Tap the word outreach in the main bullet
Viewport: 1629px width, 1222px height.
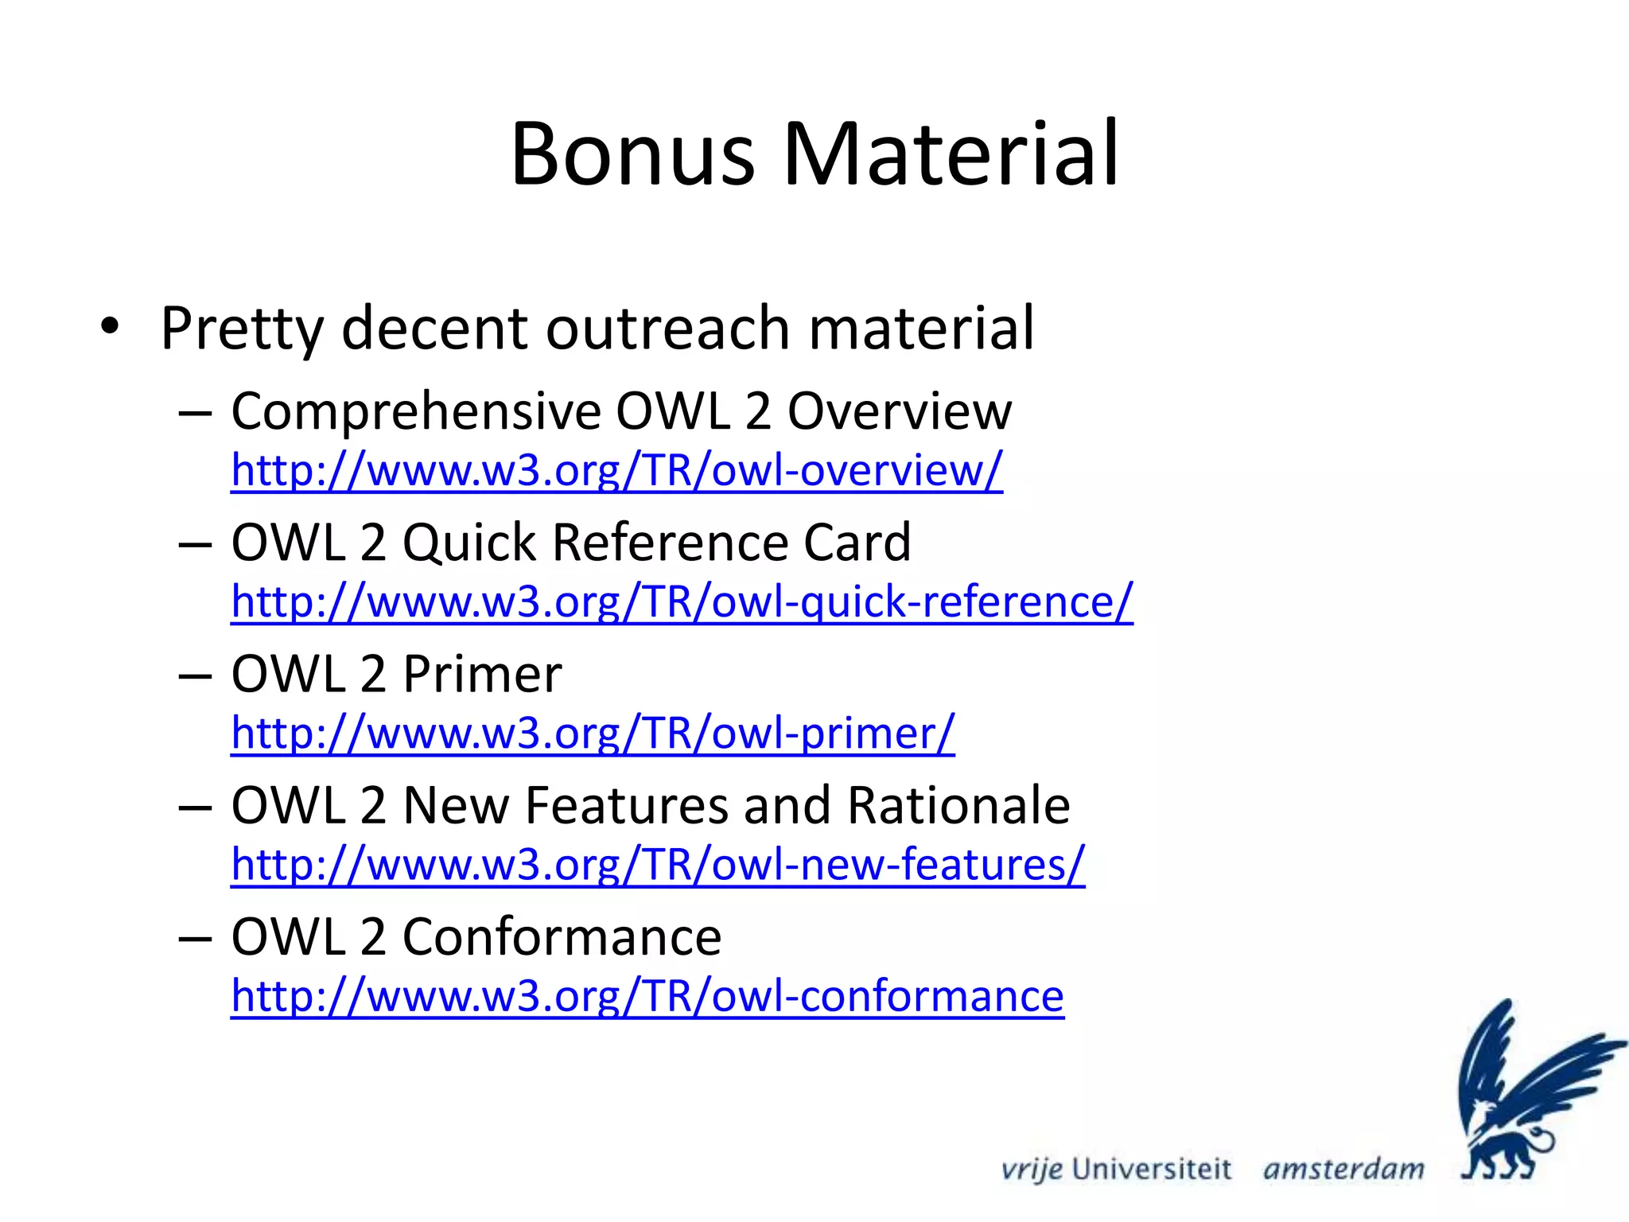(x=667, y=328)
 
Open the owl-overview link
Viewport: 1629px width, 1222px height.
(x=616, y=470)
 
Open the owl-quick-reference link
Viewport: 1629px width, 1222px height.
(x=682, y=601)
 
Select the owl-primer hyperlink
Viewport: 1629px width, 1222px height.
(x=593, y=733)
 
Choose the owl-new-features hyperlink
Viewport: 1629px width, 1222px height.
(x=658, y=864)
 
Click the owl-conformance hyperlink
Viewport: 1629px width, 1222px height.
(x=647, y=996)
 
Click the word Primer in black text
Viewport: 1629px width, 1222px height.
(x=482, y=675)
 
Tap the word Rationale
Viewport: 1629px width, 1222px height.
(x=958, y=806)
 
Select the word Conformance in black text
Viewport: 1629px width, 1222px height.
(x=562, y=937)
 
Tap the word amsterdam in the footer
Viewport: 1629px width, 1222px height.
(x=1343, y=1169)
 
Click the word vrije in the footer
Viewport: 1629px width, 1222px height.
(x=1032, y=1169)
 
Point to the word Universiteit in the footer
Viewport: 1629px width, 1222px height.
(x=1151, y=1169)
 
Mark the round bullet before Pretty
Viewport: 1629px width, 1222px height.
(x=110, y=327)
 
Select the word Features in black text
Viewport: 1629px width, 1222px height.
(x=627, y=806)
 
